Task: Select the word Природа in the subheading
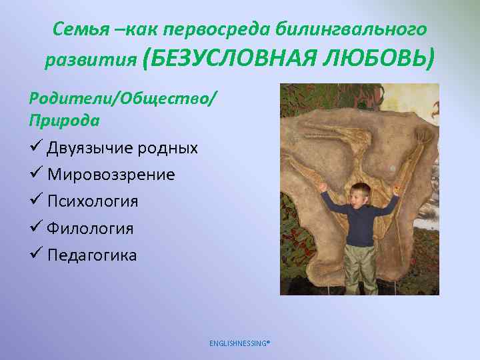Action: (x=65, y=121)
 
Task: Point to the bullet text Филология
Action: (x=91, y=229)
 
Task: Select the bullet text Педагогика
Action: (x=92, y=255)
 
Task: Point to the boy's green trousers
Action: (x=359, y=267)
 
